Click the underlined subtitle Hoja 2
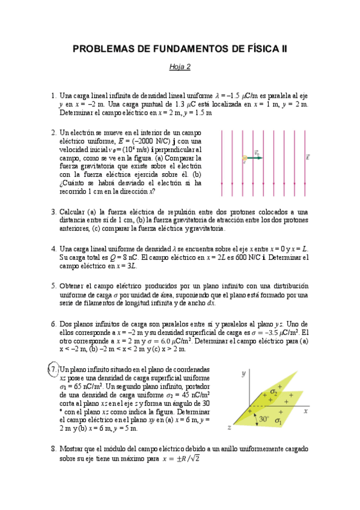pos(180,67)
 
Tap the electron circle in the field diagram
pos(245,159)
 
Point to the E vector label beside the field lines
pos(308,158)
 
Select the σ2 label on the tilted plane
pos(273,392)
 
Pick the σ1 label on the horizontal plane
pos(278,422)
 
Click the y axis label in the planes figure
pos(243,373)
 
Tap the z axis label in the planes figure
pos(230,426)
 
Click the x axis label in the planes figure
pos(306,411)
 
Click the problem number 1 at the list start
pos(53,95)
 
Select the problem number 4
pos(53,248)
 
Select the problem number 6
pos(53,323)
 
